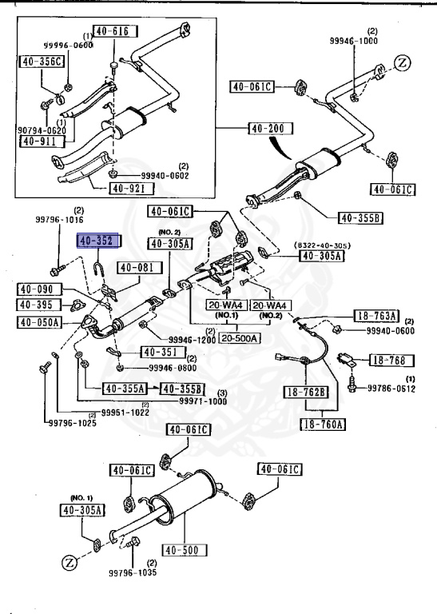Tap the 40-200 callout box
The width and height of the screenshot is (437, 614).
270,128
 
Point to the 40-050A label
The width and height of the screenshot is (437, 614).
39,323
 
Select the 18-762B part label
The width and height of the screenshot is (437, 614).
308,392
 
